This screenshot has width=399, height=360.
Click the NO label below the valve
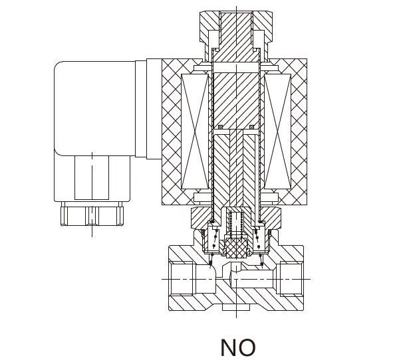tap(237, 347)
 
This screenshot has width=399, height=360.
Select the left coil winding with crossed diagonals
tap(195, 132)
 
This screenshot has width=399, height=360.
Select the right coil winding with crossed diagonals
tap(277, 132)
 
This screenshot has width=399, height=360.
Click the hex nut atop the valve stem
tap(236, 27)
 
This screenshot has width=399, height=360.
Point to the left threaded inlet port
tap(182, 279)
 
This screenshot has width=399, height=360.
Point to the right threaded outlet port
tap(291, 279)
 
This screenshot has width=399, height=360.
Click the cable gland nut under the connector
tap(92, 216)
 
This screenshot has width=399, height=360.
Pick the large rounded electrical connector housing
tap(94, 108)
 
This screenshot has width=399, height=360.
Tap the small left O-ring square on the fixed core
tap(220, 127)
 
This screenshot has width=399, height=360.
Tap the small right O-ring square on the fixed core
tap(251, 127)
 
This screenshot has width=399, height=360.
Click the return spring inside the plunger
tap(236, 225)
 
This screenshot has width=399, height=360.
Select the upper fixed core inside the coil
tap(236, 100)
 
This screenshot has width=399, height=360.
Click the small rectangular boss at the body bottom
tap(236, 307)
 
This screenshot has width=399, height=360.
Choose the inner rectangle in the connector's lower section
tap(92, 178)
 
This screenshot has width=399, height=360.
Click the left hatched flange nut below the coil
tap(201, 218)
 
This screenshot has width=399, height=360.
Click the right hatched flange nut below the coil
tap(271, 218)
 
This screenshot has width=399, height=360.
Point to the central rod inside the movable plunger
tap(236, 168)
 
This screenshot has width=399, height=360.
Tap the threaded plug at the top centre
tap(236, 37)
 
